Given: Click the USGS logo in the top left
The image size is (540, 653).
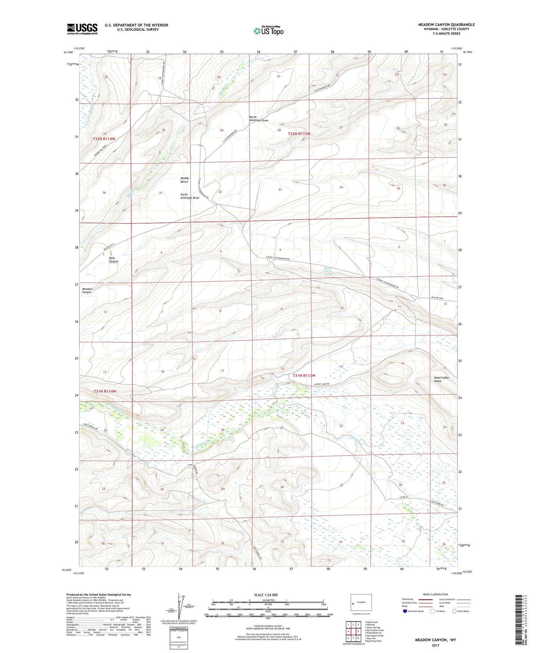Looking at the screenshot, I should pyautogui.click(x=82, y=29).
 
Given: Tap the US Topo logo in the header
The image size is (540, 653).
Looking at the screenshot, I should pyautogui.click(x=268, y=31).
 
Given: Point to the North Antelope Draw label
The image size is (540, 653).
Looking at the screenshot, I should pyautogui.click(x=259, y=119).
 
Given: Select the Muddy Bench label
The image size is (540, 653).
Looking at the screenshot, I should pyautogui.click(x=184, y=180).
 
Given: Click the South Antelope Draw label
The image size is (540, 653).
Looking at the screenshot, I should pyautogui.click(x=189, y=196).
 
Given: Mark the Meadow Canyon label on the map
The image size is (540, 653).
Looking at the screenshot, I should pyautogui.click(x=87, y=291).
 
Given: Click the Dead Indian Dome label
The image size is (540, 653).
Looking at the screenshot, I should pyautogui.click(x=441, y=379).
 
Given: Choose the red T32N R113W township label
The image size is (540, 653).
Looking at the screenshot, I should pyautogui.click(x=299, y=134).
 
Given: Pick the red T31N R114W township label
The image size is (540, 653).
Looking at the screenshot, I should pyautogui.click(x=105, y=391).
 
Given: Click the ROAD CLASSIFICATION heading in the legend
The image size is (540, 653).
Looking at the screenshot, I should pyautogui.click(x=435, y=594).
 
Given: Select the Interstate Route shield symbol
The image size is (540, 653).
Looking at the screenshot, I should pyautogui.click(x=405, y=611).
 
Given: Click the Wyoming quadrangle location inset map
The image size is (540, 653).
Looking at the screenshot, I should pyautogui.click(x=361, y=604).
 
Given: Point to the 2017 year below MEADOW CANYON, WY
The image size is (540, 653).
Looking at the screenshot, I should pyautogui.click(x=435, y=646).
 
